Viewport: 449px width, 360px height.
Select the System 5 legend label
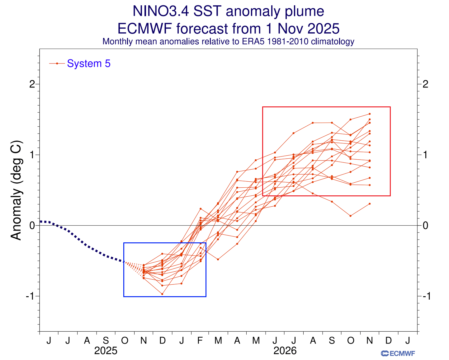89,63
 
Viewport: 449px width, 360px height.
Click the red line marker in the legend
57,63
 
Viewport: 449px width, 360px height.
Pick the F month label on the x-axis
200,341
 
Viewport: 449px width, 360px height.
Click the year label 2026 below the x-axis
285,351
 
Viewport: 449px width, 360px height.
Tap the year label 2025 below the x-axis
106,351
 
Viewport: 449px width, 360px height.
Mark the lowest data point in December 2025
162,294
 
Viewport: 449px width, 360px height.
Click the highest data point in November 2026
370,114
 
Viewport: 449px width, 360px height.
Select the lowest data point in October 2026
351,216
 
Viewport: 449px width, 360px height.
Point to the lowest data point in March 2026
218,259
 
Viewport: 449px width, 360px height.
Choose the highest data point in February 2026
201,208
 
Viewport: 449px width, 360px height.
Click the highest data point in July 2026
293,133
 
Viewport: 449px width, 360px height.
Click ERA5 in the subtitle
249,41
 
